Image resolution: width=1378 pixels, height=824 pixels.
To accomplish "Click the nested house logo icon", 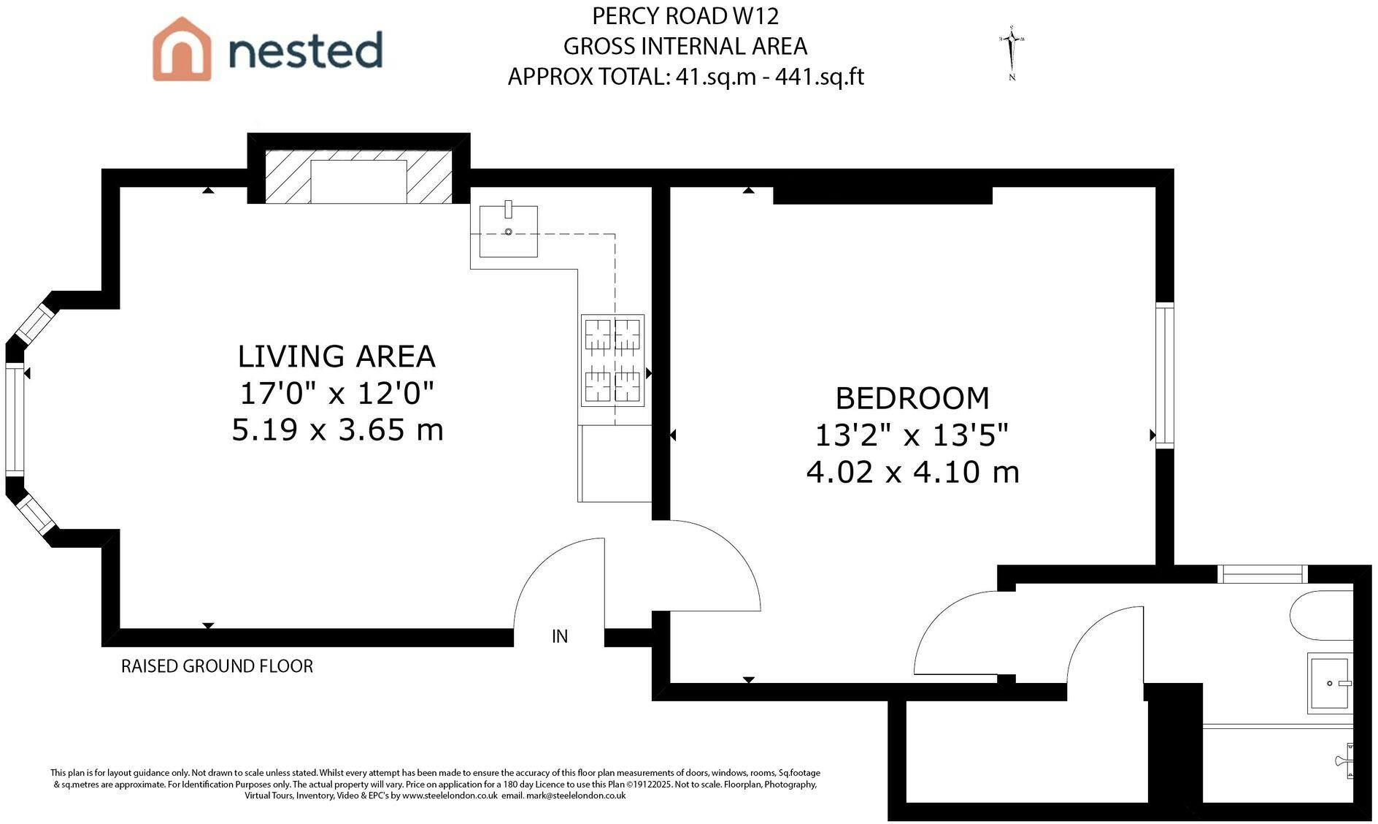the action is click(x=182, y=49).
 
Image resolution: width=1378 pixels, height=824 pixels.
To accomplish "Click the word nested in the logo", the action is click(x=306, y=50).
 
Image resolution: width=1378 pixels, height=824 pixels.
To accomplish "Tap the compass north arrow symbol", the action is click(x=1012, y=53).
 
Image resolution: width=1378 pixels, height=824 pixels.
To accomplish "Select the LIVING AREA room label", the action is click(x=336, y=356).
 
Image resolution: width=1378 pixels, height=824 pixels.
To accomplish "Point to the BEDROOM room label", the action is click(x=912, y=399).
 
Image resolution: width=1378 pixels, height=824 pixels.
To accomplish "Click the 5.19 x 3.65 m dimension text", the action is click(x=337, y=430).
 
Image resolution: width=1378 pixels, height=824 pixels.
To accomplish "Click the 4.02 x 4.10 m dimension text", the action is click(x=912, y=472).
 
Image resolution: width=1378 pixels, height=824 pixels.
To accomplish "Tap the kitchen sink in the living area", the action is click(x=509, y=231).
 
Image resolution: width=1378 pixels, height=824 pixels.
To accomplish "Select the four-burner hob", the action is click(x=612, y=360).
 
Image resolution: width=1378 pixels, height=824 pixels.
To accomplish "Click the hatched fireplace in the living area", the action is click(x=358, y=177).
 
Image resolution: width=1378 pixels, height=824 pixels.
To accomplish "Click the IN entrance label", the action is click(x=560, y=636).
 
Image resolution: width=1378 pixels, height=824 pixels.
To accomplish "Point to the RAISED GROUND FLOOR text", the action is click(x=217, y=666).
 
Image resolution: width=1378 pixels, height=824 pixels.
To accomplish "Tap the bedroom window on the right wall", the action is click(x=1165, y=375).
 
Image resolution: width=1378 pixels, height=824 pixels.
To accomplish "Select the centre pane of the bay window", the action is click(x=15, y=420).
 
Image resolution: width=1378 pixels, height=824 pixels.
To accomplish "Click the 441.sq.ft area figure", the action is click(x=820, y=77).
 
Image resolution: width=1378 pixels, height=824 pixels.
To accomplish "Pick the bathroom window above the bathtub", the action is click(x=1262, y=573).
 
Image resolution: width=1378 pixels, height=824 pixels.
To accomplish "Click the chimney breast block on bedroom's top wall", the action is click(x=882, y=195).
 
